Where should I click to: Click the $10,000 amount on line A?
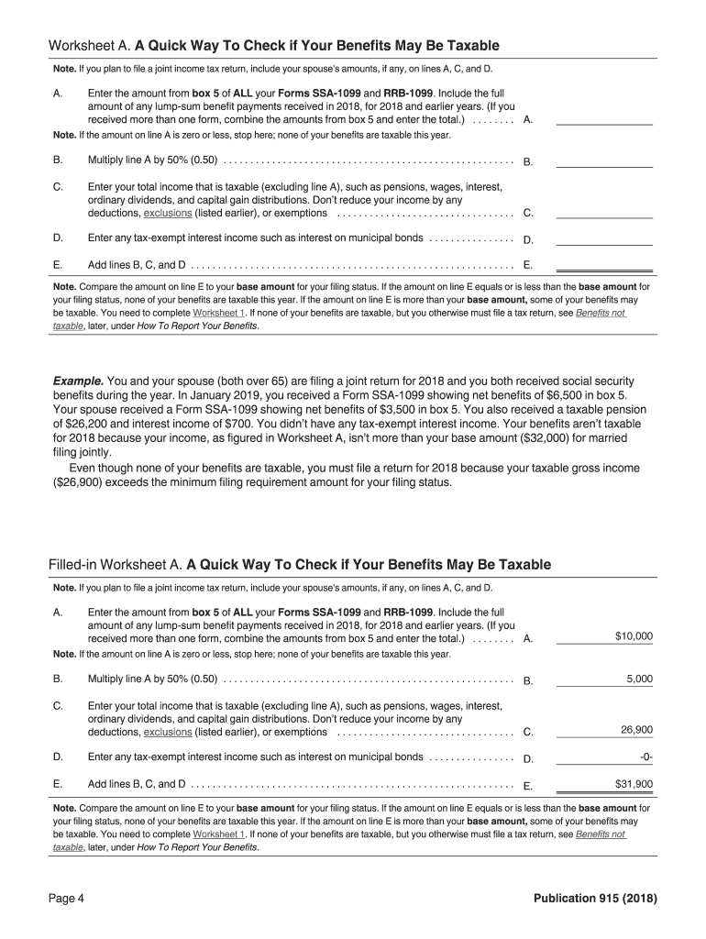(634, 635)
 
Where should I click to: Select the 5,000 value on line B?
(639, 679)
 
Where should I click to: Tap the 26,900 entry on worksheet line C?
(636, 730)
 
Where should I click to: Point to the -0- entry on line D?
(645, 757)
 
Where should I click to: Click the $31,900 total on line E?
(634, 784)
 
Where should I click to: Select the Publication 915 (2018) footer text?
(595, 898)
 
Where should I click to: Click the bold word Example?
(78, 381)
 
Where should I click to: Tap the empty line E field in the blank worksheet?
(604, 265)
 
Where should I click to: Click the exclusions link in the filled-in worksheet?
(168, 732)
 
